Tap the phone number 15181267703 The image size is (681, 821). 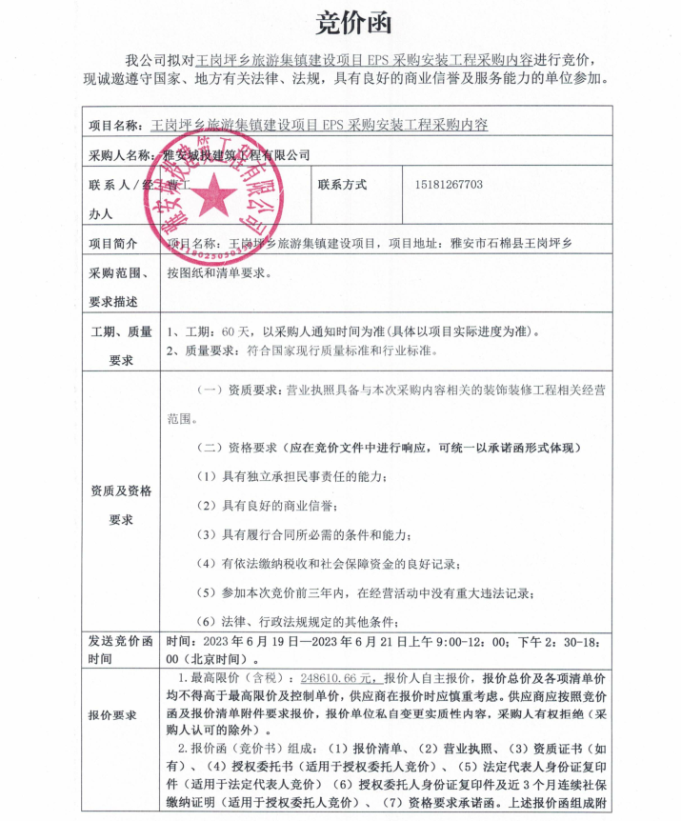(449, 185)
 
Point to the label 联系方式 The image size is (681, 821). (342, 185)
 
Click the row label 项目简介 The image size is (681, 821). (114, 244)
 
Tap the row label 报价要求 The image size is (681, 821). (112, 714)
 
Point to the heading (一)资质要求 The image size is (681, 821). (239, 390)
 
